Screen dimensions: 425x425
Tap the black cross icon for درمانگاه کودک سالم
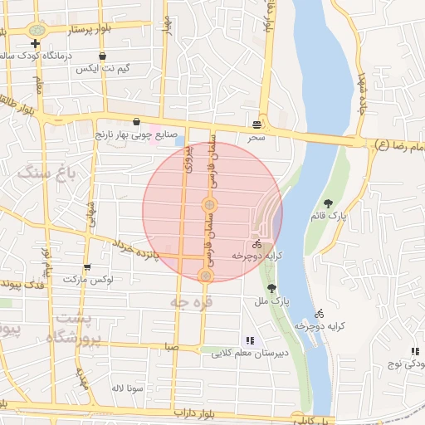(35, 42)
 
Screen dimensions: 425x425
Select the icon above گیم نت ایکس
(101, 56)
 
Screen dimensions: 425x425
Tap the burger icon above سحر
(256, 125)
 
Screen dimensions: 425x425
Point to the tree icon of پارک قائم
(329, 203)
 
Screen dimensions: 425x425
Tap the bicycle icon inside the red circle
(256, 245)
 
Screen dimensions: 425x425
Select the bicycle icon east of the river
(319, 314)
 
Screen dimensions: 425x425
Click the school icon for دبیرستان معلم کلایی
(250, 340)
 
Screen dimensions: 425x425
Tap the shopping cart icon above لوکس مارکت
(87, 267)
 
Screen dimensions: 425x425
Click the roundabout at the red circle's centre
(209, 204)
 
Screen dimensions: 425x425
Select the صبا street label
(171, 346)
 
